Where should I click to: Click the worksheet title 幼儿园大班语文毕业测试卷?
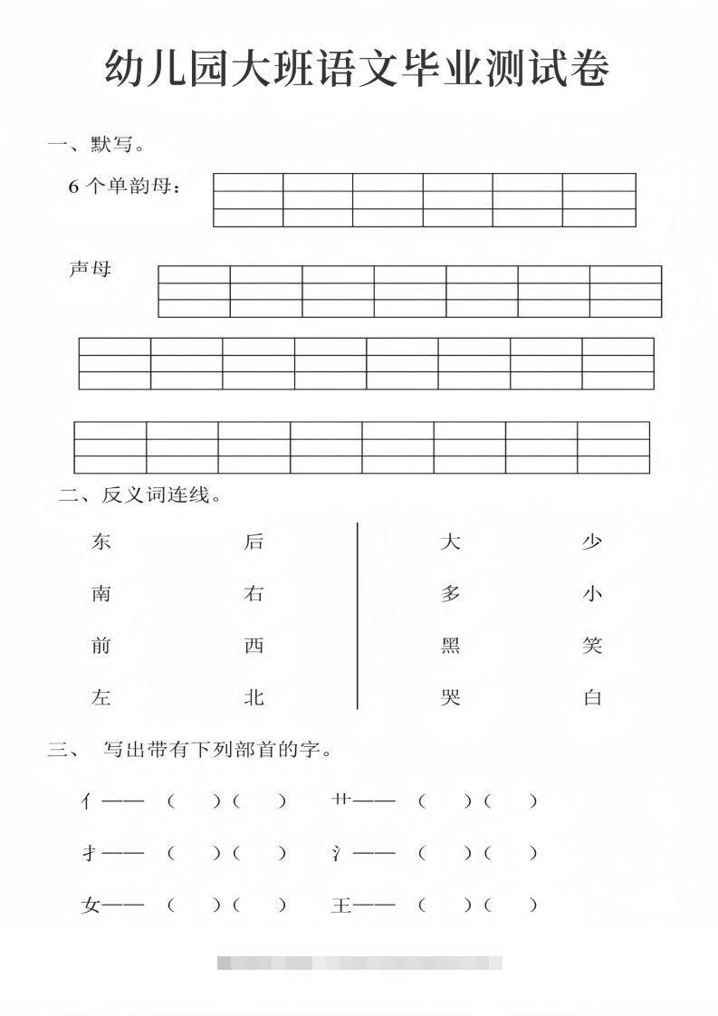(x=357, y=69)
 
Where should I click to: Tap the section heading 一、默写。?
(x=97, y=143)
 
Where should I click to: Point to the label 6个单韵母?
(x=125, y=187)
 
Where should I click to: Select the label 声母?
(x=90, y=269)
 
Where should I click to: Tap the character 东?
(x=101, y=542)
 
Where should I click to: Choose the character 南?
(x=101, y=594)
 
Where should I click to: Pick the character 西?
(x=254, y=646)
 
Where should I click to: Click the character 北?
(x=254, y=697)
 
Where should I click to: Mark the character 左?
(x=101, y=697)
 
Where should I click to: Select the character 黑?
(x=450, y=646)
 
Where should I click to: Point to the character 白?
(x=592, y=697)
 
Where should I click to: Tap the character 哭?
(x=450, y=697)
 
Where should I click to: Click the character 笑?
(x=592, y=646)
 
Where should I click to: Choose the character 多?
(x=450, y=594)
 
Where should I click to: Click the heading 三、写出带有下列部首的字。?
(x=191, y=750)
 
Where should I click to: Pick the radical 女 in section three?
(x=90, y=905)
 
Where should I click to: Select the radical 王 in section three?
(x=341, y=905)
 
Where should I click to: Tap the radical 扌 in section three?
(x=89, y=853)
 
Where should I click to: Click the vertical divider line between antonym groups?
(x=358, y=616)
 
